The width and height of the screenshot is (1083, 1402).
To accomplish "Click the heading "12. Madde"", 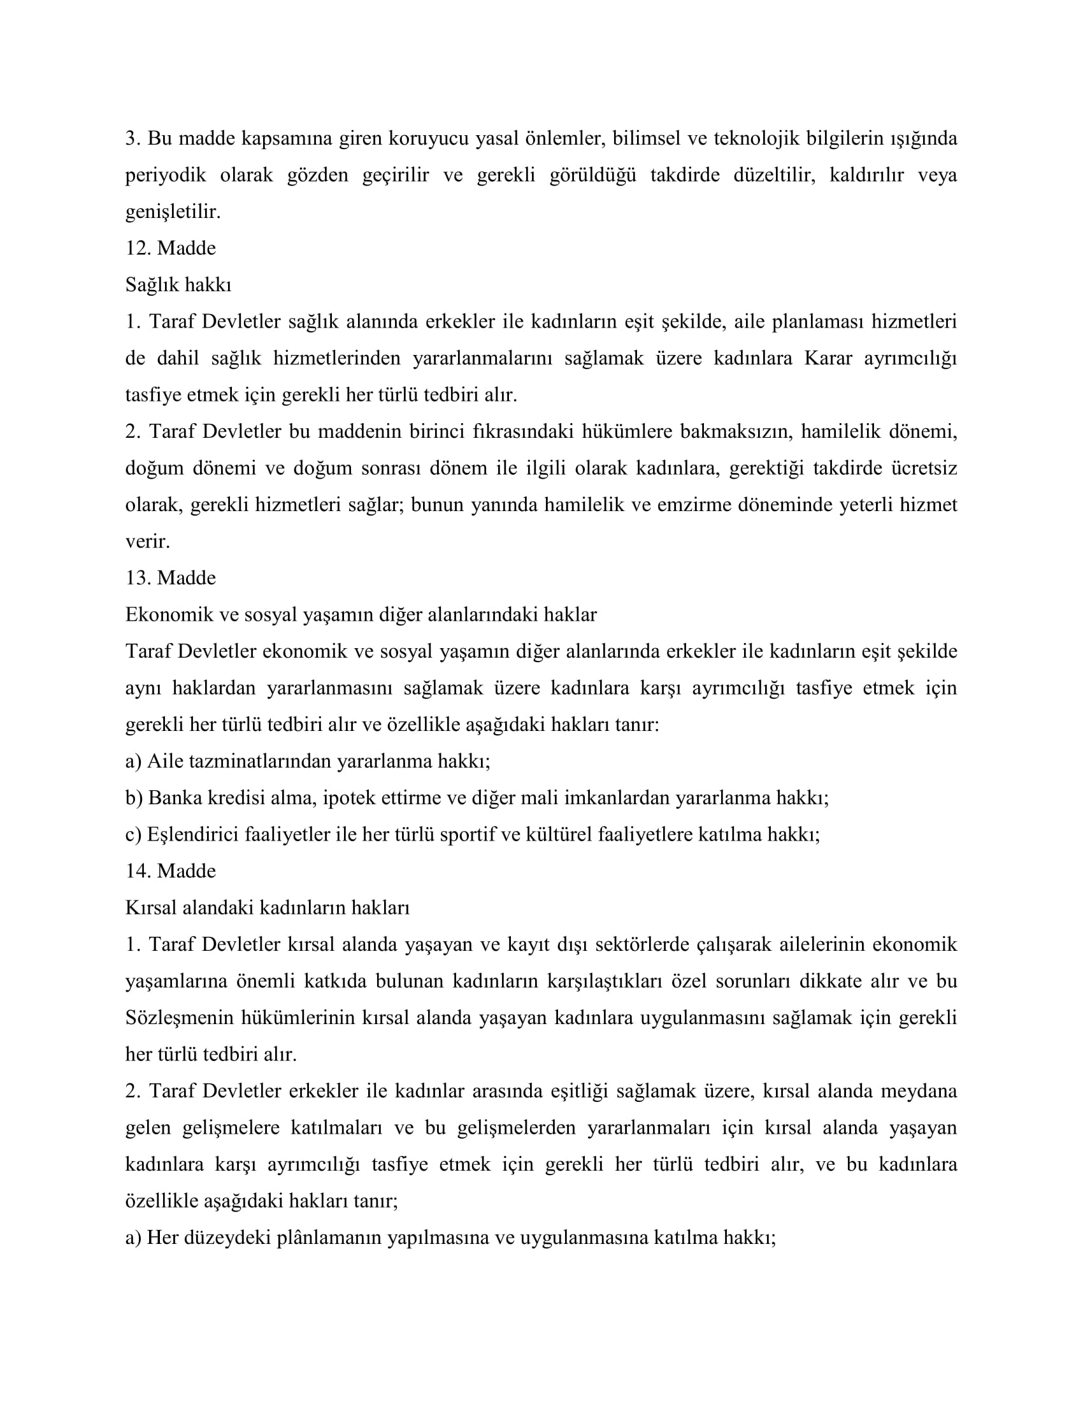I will tap(171, 249).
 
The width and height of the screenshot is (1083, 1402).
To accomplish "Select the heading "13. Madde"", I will tap(171, 579).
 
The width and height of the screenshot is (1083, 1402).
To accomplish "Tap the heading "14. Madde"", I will tap(171, 871).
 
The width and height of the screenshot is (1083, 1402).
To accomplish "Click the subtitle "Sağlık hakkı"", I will tap(178, 285).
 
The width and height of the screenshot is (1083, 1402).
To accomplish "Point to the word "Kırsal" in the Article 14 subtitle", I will tap(152, 907).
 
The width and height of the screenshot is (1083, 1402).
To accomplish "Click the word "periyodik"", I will tap(166, 175).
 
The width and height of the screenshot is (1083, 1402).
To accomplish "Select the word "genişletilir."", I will tap(173, 212).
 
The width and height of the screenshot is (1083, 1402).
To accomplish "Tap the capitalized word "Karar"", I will tap(828, 358).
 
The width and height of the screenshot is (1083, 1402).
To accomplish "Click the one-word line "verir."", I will tap(148, 541).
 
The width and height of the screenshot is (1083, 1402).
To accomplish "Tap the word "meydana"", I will tap(919, 1091).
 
